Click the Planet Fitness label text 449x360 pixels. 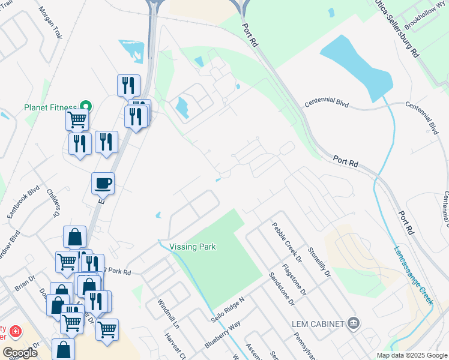52,108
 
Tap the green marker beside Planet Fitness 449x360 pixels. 86,107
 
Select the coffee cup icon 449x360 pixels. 103,182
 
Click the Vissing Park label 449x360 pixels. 192,247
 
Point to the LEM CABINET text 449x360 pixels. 318,324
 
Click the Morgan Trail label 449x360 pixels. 50,23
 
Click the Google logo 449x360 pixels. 20,353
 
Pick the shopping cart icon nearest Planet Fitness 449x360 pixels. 77,119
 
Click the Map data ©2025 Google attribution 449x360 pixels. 411,355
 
